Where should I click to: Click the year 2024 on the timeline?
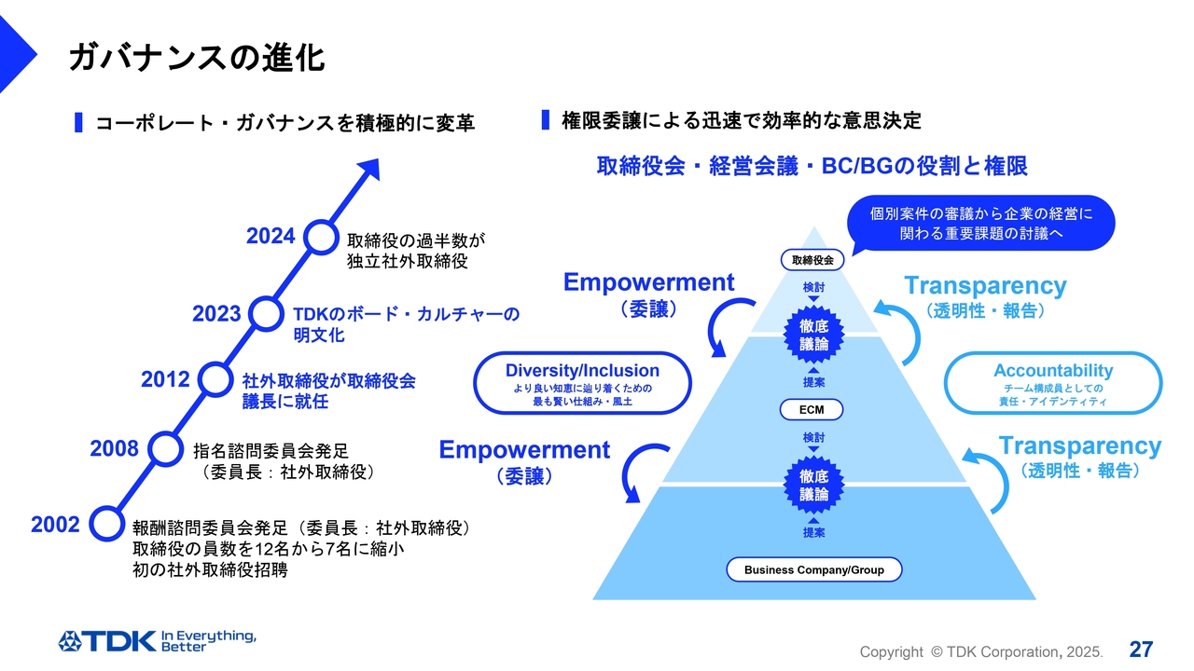[271, 237]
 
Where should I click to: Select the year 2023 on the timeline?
[216, 314]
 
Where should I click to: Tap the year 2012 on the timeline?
[165, 379]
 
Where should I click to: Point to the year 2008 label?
[114, 449]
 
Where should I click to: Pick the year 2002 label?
[55, 525]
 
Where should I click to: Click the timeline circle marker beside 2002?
[106, 523]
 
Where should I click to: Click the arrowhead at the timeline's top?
[370, 171]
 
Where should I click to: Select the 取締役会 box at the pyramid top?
[812, 260]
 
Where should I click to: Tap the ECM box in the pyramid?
[812, 409]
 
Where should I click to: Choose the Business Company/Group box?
[813, 569]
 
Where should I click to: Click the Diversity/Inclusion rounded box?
[582, 382]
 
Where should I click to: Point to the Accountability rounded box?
[1053, 382]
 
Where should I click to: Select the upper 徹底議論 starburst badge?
[813, 335]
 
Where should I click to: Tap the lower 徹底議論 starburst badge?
[813, 486]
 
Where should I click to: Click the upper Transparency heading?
[985, 286]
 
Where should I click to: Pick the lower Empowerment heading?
[524, 450]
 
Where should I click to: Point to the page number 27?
[1141, 649]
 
